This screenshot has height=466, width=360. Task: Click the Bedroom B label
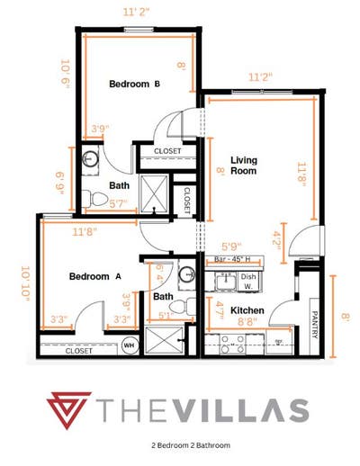134,85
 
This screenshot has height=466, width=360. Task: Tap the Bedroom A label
94,277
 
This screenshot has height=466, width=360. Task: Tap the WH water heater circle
129,344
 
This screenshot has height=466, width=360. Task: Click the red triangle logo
72,411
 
